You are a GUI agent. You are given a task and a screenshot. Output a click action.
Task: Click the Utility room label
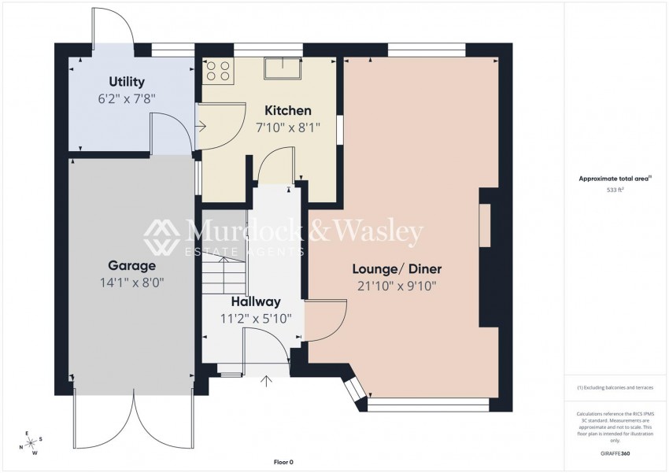click(127, 82)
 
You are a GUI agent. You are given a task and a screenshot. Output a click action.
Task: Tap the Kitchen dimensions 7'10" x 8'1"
click(288, 127)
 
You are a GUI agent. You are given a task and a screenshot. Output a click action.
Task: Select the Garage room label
click(132, 266)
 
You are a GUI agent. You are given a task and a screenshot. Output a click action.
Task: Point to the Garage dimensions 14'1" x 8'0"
click(132, 283)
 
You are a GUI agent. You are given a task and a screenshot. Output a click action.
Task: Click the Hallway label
click(256, 301)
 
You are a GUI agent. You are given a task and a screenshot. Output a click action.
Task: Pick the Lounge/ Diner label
click(397, 269)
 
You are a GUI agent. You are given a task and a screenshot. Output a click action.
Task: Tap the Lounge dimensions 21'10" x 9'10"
click(397, 286)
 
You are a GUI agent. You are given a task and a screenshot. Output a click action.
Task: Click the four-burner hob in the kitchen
click(218, 71)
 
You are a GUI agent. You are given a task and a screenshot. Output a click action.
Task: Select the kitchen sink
click(283, 68)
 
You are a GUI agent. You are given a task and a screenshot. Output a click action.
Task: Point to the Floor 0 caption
click(283, 462)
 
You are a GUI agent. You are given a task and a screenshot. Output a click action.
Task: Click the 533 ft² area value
click(615, 190)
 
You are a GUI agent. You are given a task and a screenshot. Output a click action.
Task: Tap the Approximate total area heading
click(615, 179)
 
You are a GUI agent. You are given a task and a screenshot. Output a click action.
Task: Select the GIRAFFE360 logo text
click(615, 453)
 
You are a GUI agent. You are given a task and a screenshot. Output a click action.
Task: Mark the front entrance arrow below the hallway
click(267, 381)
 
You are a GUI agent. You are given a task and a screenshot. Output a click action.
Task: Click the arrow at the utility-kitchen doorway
click(201, 126)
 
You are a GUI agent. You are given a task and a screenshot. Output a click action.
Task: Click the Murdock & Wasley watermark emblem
click(161, 237)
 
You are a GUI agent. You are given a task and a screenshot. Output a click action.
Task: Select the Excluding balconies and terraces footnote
click(615, 388)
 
